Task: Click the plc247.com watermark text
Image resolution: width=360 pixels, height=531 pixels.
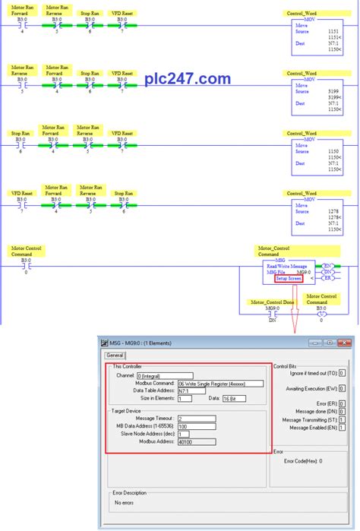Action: pos(188,78)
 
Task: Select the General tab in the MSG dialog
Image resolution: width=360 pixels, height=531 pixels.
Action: pos(114,355)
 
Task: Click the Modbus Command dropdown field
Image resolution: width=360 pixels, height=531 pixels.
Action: pos(220,384)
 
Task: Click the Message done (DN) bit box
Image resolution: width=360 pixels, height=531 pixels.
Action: pos(343,410)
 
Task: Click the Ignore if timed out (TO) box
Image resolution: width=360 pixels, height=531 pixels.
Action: pos(343,374)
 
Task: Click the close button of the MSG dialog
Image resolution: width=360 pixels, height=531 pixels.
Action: pos(346,343)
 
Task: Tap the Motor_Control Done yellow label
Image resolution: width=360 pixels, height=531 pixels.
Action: pos(270,302)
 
